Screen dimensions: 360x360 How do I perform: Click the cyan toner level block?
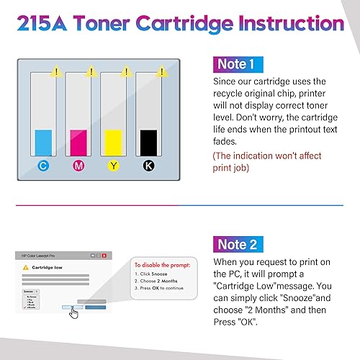[44, 140]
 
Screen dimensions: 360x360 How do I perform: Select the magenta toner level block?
[78, 140]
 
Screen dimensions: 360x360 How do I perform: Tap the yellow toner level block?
[113, 140]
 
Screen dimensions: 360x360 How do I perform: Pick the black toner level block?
[148, 140]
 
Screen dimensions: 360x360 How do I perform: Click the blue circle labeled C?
[43, 166]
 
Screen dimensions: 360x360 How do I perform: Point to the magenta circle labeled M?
[78, 166]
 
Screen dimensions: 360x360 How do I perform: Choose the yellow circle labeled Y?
[113, 166]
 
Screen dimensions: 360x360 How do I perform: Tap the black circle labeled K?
[148, 166]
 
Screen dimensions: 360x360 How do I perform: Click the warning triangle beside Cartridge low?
[24, 267]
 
